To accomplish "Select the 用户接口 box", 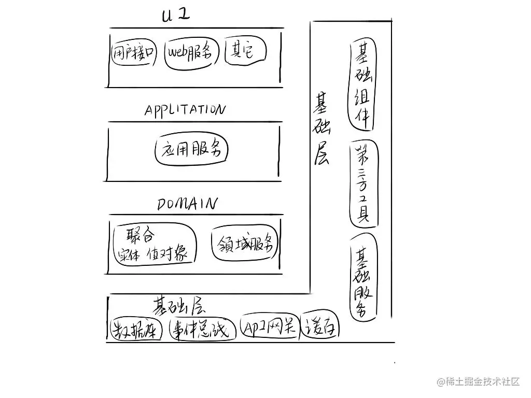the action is (x=134, y=52).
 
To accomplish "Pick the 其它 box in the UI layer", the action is (x=245, y=51).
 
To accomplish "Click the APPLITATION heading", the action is (x=185, y=110).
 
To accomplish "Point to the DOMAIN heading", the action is (x=187, y=204).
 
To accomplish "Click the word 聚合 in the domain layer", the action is (x=141, y=236).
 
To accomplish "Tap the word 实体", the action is (x=129, y=254).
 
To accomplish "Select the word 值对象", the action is (x=167, y=254).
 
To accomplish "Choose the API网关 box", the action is (x=270, y=326).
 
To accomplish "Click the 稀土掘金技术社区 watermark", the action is (x=478, y=382).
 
